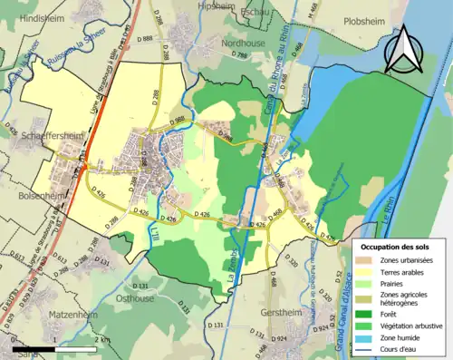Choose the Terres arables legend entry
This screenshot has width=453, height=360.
point(399,271)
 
